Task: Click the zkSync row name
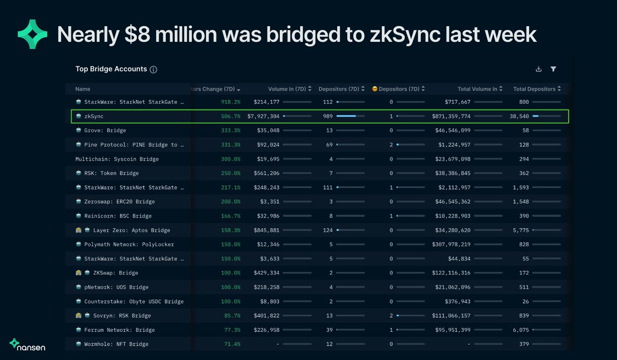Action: tap(94, 116)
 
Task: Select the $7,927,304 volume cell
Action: tap(263, 116)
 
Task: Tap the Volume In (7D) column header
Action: tap(287, 89)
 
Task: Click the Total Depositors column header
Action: tap(534, 89)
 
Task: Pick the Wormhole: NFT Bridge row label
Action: tap(116, 344)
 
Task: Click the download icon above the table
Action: tap(538, 69)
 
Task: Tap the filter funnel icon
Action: tap(553, 69)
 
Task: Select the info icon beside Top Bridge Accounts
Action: tap(153, 69)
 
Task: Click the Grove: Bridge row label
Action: tap(105, 131)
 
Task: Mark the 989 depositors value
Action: tap(328, 116)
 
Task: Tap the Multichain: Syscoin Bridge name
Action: tap(117, 159)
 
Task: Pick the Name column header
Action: tap(83, 89)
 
